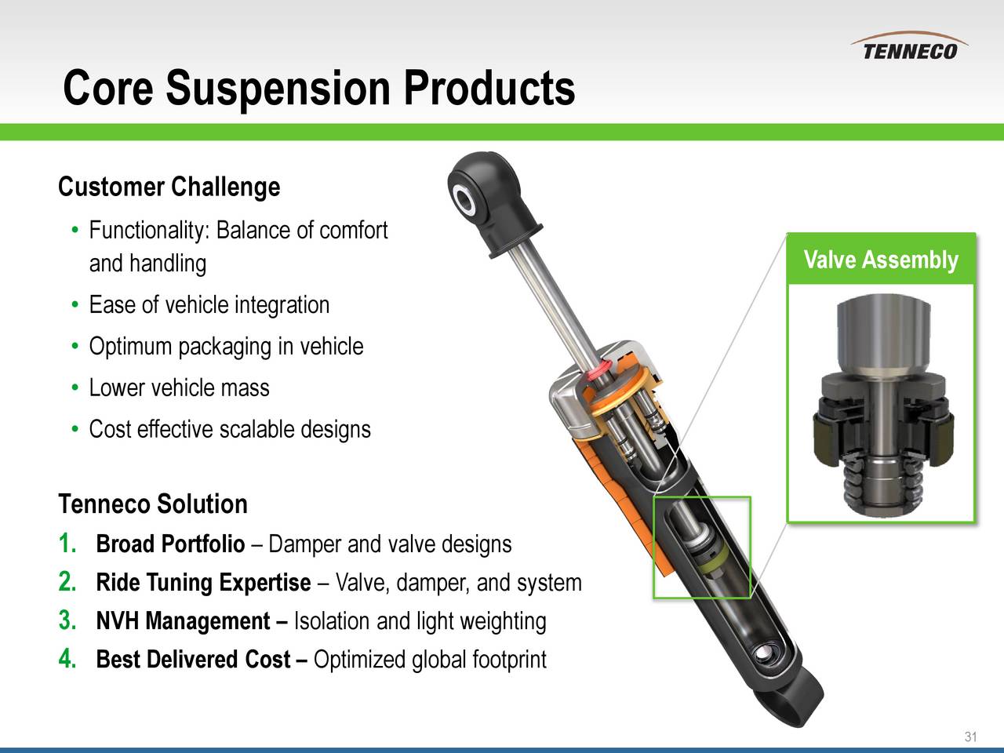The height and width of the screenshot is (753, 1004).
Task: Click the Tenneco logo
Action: coord(910,49)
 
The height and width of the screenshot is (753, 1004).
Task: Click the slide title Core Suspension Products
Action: coord(318,88)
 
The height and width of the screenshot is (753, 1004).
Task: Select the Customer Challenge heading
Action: coord(169,187)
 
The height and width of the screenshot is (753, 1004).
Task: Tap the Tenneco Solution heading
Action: coord(153,504)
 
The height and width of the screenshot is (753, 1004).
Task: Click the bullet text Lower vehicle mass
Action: coord(179,388)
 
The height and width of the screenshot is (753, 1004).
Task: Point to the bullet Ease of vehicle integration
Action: coord(209,304)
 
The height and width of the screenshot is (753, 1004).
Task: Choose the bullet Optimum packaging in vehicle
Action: coord(226,346)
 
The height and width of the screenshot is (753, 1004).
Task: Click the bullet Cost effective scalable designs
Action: coord(229,430)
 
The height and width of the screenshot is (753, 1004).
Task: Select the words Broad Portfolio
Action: coord(170,544)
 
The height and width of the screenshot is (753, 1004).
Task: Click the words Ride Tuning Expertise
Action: coord(203,583)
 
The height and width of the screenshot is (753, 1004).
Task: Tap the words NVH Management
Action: coord(184,621)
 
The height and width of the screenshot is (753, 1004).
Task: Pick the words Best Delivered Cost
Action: coord(193,660)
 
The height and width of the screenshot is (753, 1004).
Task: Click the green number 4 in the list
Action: coord(67,660)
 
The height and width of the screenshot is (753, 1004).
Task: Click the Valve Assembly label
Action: coord(881,260)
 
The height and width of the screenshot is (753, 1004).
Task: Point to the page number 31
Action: coord(970,737)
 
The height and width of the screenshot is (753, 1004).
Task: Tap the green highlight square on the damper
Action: coord(702,547)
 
